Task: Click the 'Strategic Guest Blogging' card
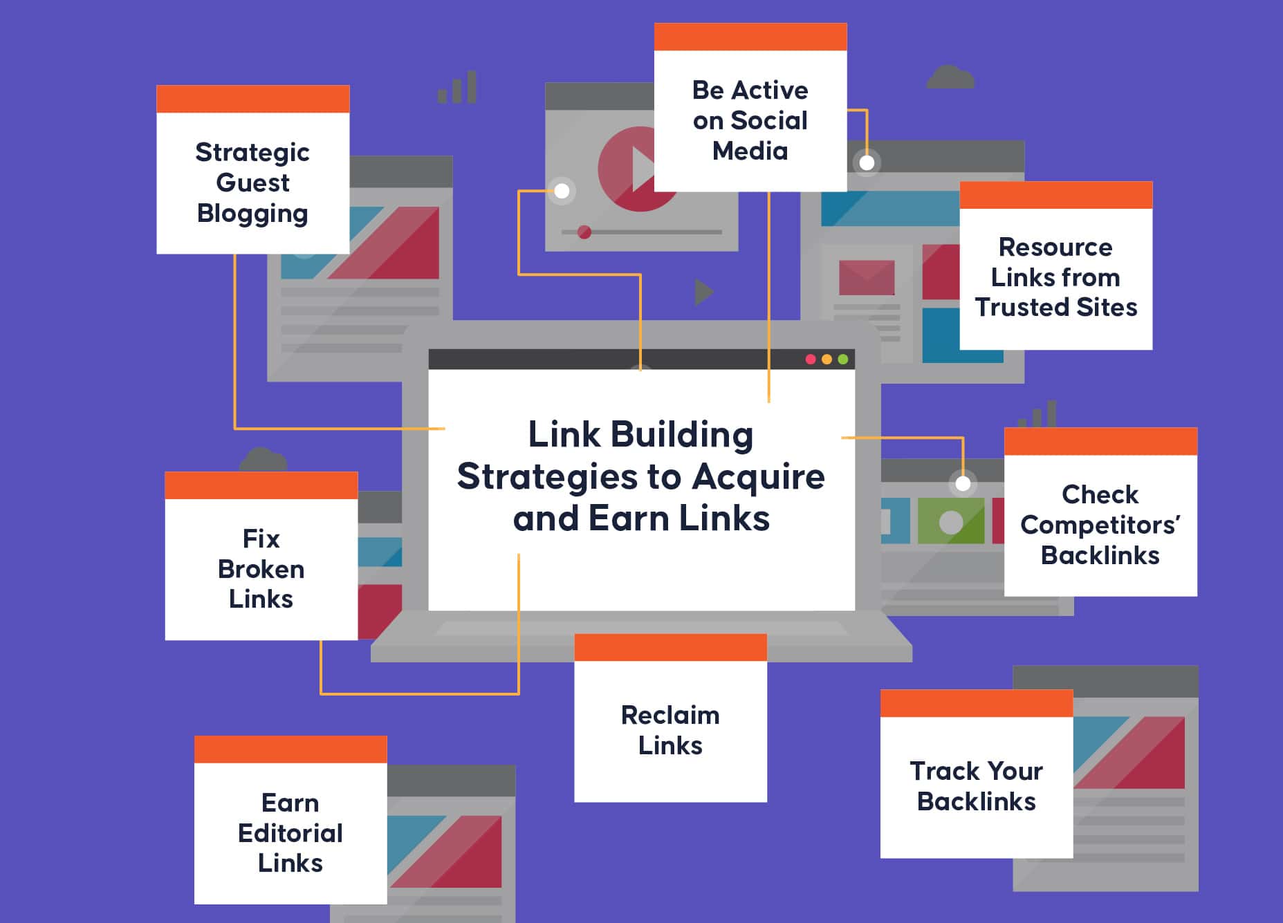(x=252, y=183)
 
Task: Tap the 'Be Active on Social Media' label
(x=750, y=120)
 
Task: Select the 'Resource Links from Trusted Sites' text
(x=1055, y=277)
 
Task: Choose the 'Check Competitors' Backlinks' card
(x=1100, y=524)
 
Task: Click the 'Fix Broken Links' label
(x=261, y=568)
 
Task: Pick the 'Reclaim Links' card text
(x=670, y=729)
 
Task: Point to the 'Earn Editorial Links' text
(x=290, y=832)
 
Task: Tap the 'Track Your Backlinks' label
(x=976, y=785)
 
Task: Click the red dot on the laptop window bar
(x=811, y=360)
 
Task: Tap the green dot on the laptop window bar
(x=843, y=360)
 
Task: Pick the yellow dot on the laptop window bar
(x=827, y=360)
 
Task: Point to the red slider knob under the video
(x=584, y=232)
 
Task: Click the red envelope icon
(x=866, y=277)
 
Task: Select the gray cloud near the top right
(x=950, y=77)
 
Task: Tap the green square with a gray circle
(x=951, y=521)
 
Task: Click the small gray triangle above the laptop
(x=703, y=292)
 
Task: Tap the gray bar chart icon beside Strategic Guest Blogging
(x=458, y=88)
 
